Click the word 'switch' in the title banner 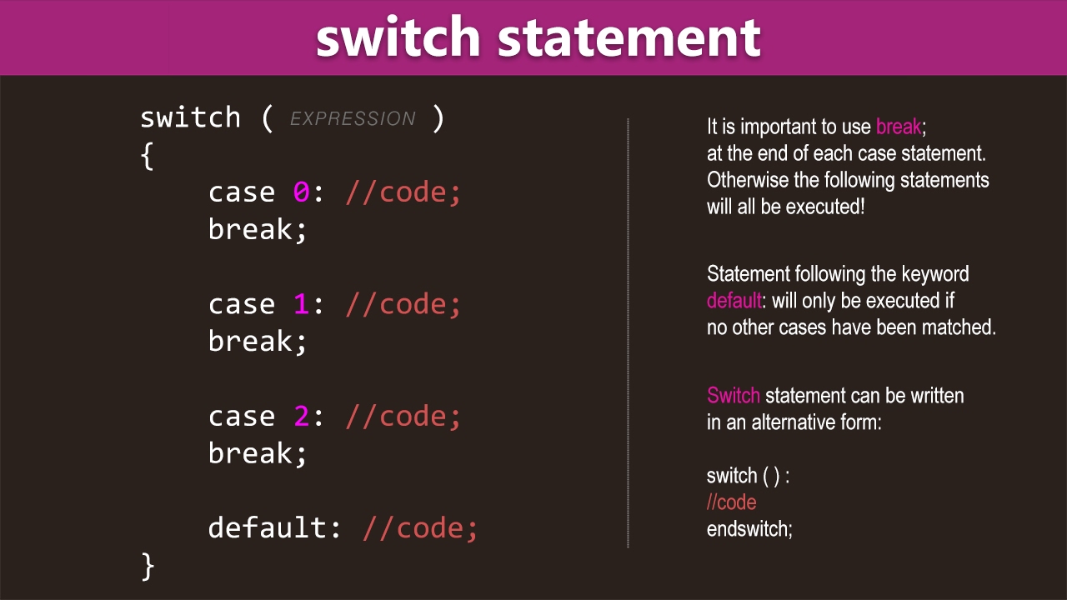398,37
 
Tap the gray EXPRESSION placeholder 353,119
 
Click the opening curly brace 148,155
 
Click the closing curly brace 148,566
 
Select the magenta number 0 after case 301,192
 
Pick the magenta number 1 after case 301,304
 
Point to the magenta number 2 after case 301,417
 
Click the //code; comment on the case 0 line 403,192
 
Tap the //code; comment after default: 420,528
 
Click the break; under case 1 258,342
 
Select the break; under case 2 258,454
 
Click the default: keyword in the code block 275,528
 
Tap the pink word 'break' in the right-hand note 899,127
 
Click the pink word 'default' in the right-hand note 734,301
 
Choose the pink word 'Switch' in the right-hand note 733,396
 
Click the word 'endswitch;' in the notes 749,529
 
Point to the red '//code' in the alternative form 731,502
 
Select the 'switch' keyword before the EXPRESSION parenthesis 190,117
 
